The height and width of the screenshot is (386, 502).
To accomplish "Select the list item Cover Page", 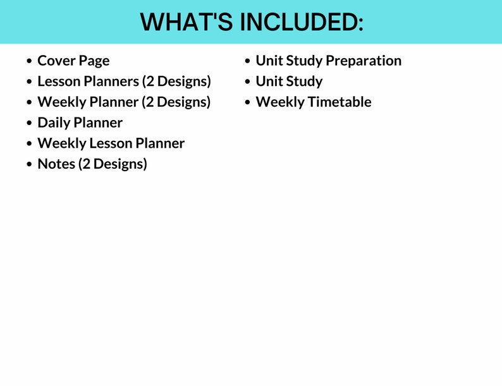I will [x=73, y=61].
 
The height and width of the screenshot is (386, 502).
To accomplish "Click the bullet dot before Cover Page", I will [x=29, y=61].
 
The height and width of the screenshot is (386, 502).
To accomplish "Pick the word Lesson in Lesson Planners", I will [x=59, y=81].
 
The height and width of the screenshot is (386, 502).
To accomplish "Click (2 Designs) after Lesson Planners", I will [x=176, y=81].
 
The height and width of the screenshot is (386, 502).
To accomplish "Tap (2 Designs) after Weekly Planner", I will [x=176, y=102].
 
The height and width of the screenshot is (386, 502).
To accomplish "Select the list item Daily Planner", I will [x=80, y=123].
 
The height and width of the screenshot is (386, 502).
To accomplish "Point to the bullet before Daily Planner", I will [x=29, y=123].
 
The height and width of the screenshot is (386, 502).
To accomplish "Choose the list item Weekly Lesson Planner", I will [x=111, y=143].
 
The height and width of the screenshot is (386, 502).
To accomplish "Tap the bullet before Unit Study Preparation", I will [x=248, y=61].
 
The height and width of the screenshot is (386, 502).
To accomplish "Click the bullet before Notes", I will [x=29, y=165].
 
